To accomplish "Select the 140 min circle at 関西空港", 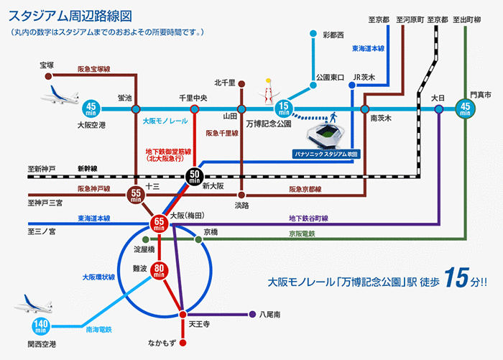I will (41, 327).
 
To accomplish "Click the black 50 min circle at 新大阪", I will (195, 175).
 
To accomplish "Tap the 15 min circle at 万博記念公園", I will (284, 109).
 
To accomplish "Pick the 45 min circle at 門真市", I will (466, 109).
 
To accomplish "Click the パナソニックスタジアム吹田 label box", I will (326, 154).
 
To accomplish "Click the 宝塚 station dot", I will (48, 75).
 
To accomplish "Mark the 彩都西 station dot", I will (313, 34).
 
